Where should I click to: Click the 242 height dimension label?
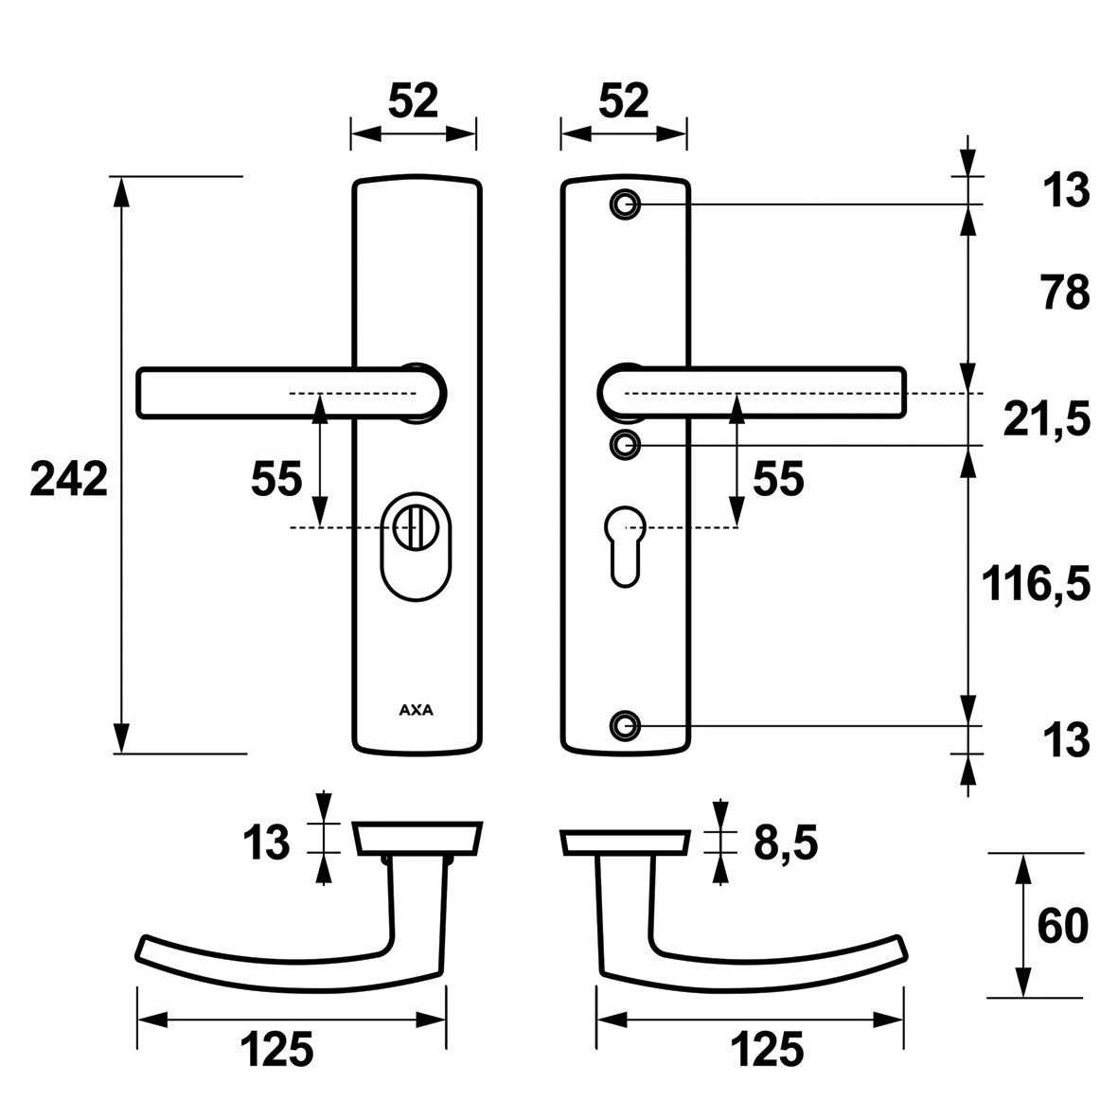coord(69,478)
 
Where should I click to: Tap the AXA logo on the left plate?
coord(416,710)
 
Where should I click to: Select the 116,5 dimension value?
coord(1036,584)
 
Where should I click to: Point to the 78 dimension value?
coord(1066,293)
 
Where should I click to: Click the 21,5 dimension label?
coord(1047,419)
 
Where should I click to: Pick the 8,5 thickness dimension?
coord(786,844)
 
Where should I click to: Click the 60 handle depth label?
coord(1062,926)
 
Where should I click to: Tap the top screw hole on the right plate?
coord(626,204)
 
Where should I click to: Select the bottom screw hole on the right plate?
coord(626,725)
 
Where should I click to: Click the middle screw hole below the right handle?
coord(626,445)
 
